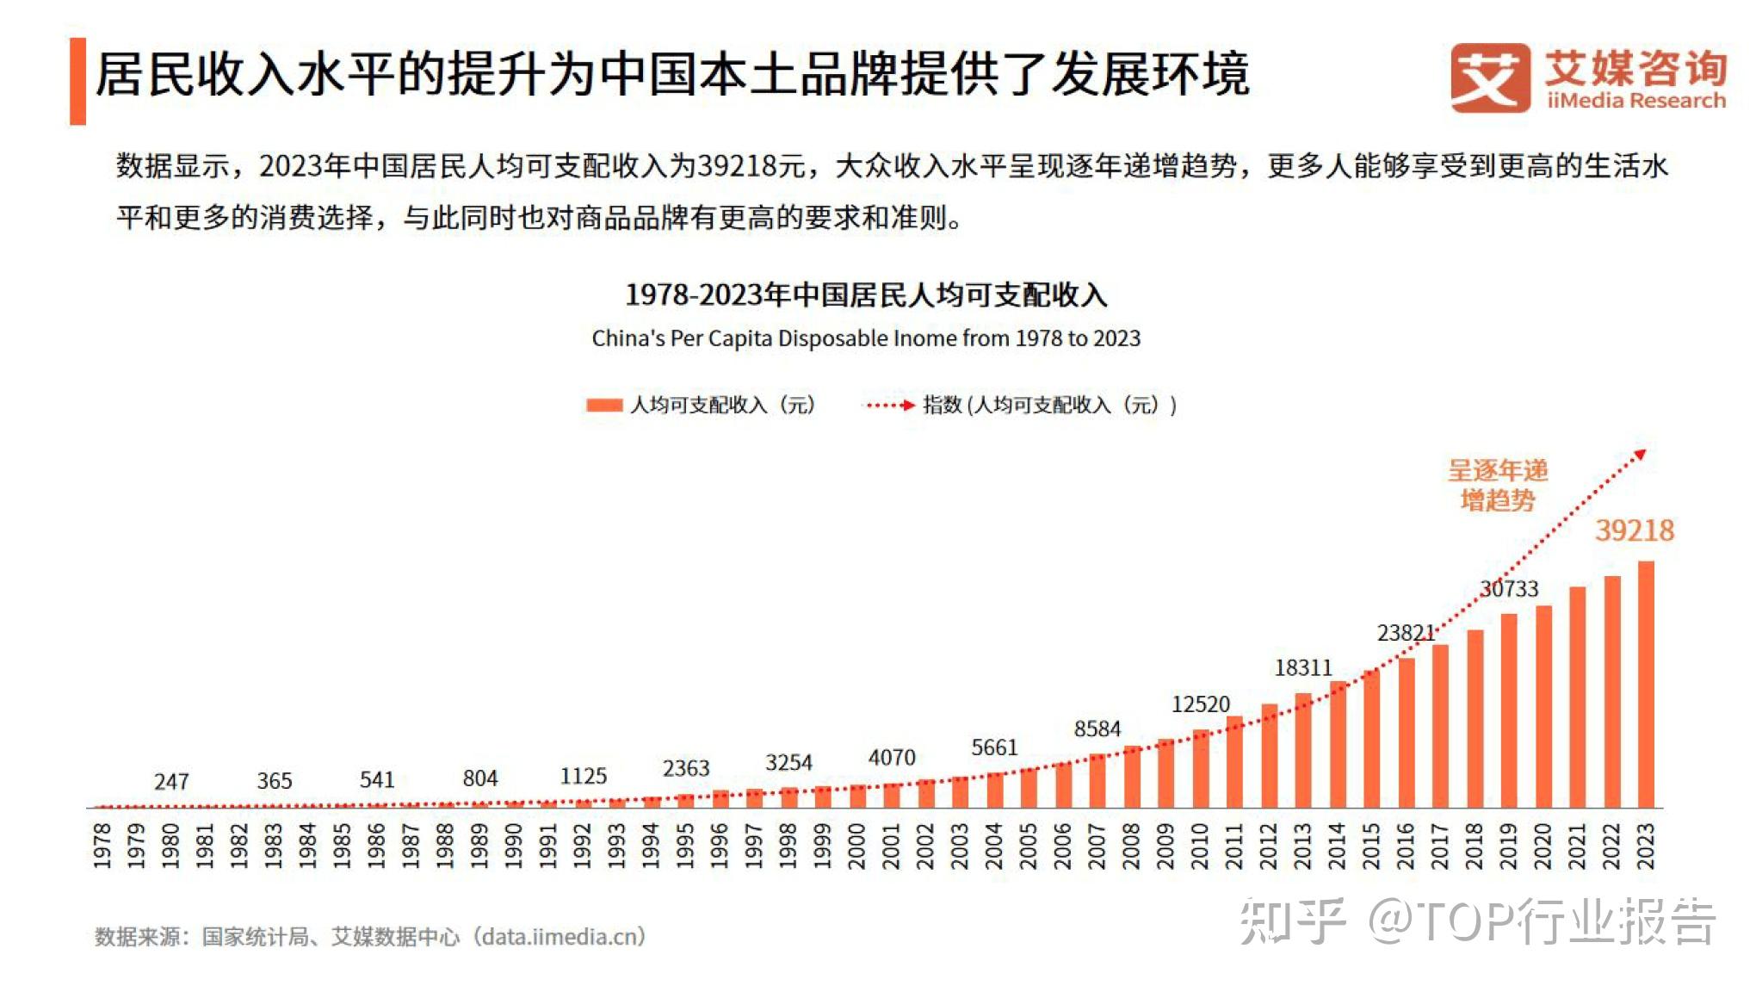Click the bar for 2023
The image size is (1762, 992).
[x=1645, y=685]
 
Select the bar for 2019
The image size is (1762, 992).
[x=1508, y=710]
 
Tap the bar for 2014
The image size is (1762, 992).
[x=1337, y=744]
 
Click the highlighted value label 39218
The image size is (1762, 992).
[x=1634, y=530]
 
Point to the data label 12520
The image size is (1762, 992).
[x=1200, y=704]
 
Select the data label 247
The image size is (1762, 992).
[x=170, y=782]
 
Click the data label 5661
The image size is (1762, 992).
[x=994, y=747]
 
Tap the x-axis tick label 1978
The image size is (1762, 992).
[x=102, y=845]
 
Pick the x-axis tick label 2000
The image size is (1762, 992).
[x=856, y=845]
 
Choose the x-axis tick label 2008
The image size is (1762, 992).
[x=1131, y=845]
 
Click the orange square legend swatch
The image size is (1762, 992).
[x=603, y=405]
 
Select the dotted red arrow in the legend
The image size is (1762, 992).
[x=889, y=405]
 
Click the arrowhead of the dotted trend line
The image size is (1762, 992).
[x=1641, y=454]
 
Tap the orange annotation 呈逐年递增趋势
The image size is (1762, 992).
[x=1497, y=485]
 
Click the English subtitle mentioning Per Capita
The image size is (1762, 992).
[x=865, y=338]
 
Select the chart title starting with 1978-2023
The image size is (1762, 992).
[x=865, y=295]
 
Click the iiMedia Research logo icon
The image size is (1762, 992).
[x=1489, y=77]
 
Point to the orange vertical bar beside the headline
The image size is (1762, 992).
[x=77, y=81]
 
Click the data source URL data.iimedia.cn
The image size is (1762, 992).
[x=559, y=937]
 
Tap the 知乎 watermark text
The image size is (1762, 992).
[x=1291, y=921]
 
